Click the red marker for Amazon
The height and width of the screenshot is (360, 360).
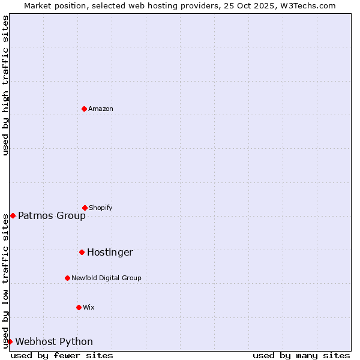point(84,109)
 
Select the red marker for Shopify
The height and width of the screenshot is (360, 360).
point(85,208)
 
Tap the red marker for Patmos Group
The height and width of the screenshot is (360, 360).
point(13,215)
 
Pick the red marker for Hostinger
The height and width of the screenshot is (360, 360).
point(82,252)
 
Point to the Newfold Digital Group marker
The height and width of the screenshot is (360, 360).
point(67,278)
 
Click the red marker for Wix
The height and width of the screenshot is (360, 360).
point(79,307)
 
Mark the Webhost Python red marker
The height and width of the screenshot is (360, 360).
point(10,341)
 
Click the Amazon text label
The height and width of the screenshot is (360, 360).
point(101,109)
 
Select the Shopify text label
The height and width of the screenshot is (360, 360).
point(101,208)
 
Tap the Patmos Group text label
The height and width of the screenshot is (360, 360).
point(52,216)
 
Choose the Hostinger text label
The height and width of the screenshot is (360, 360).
point(110,253)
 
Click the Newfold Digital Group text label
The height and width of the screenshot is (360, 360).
point(106,278)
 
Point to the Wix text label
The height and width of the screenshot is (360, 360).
point(89,307)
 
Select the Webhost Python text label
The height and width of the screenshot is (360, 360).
point(54,342)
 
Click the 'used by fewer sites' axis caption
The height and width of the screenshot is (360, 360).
point(62,355)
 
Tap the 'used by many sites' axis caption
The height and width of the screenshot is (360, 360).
point(301,355)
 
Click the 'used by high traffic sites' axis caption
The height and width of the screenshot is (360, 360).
point(5,85)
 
